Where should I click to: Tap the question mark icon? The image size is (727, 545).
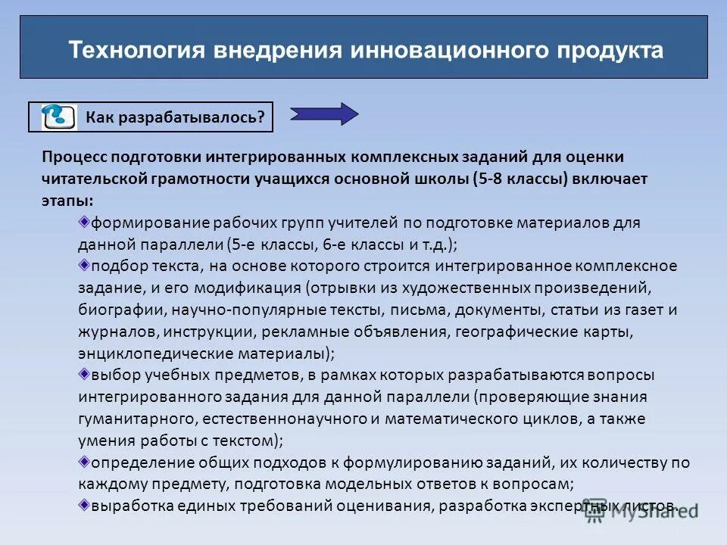pos(58,117)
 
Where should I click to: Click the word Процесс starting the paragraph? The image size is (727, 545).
pos(74,157)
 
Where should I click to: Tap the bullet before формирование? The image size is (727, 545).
pos(84,222)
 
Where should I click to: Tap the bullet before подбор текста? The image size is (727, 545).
pos(84,265)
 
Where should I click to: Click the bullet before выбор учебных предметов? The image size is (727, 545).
pos(84,373)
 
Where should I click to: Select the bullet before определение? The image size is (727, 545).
pos(84,461)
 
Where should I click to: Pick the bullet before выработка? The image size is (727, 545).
pos(84,504)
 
